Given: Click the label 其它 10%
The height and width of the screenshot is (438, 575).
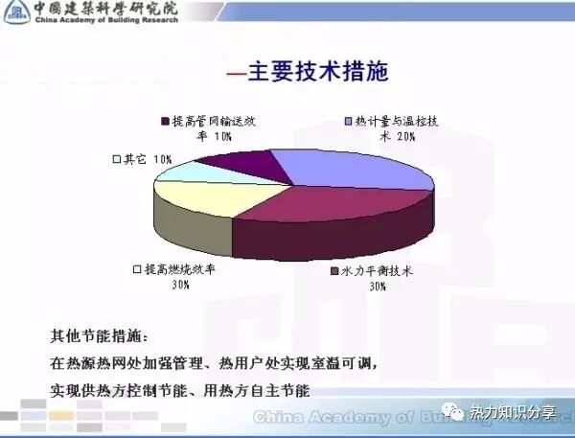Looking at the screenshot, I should (144, 158).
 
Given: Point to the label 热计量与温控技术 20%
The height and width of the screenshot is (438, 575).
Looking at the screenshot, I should (395, 128).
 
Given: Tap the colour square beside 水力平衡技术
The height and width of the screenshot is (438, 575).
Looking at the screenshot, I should (333, 271).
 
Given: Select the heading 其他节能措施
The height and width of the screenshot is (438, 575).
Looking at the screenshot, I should (95, 337).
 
